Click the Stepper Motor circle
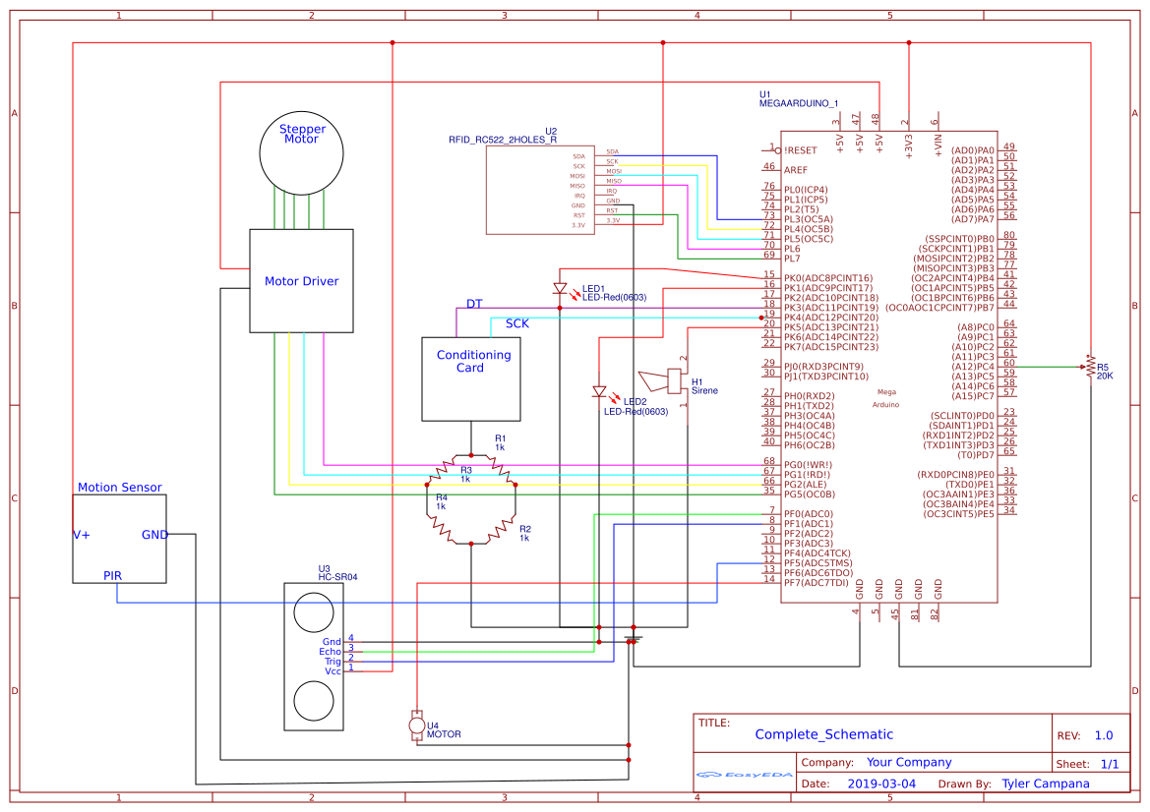coord(301,151)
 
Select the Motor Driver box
coord(301,281)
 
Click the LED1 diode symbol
coord(560,289)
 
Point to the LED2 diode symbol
coord(599,391)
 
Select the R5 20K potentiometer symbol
coord(1089,368)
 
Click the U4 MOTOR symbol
coord(416,725)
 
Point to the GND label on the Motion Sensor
coord(154,535)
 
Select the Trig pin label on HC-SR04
coord(333,662)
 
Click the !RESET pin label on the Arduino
coord(801,150)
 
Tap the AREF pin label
coord(795,170)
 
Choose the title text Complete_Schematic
coord(823,734)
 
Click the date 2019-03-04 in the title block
coord(880,783)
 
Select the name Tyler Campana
coord(1045,783)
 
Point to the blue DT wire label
coord(474,303)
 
